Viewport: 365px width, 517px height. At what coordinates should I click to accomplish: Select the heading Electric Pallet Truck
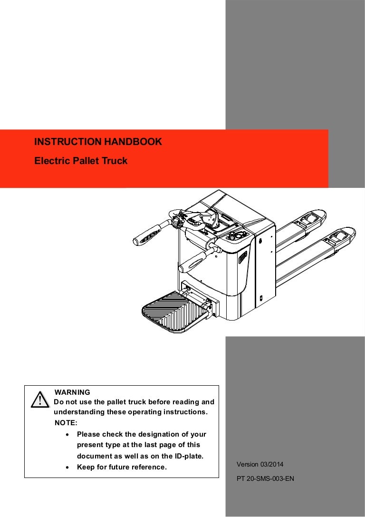pos(81,161)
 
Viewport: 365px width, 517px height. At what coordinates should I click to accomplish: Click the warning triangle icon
pos(40,400)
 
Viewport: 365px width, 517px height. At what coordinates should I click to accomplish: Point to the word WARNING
pos(72,392)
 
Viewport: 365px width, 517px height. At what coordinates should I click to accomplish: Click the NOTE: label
pos(66,423)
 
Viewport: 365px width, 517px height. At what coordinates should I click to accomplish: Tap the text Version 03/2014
pos(260,464)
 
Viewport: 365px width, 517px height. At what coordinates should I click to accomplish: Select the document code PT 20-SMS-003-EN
pos(265,478)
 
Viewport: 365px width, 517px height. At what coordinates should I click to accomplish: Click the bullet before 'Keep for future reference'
pos(67,468)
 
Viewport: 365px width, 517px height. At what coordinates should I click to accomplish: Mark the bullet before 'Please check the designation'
pos(67,435)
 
